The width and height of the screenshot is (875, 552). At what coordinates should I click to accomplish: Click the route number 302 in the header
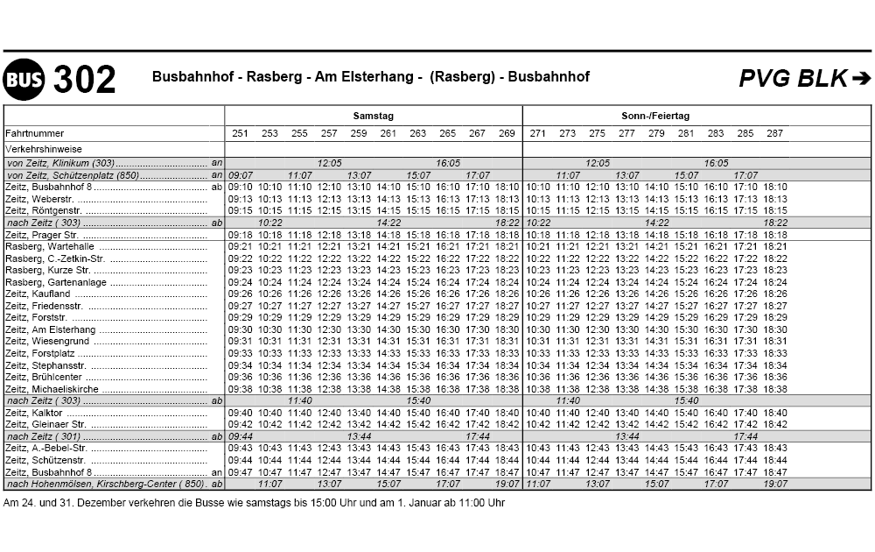[x=84, y=80]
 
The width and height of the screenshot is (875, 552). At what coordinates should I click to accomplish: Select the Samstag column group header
[x=374, y=116]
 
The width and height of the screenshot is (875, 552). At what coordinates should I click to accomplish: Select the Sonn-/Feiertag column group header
[x=655, y=116]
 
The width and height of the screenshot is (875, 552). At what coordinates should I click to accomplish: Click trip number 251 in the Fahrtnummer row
[x=240, y=133]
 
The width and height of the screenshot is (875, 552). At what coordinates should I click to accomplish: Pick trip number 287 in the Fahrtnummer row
[x=774, y=133]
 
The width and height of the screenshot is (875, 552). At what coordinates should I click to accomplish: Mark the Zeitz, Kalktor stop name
[x=34, y=413]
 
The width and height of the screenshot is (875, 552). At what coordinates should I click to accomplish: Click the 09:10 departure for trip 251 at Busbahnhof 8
[x=240, y=187]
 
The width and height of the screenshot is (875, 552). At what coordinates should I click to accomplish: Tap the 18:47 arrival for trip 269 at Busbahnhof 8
[x=507, y=472]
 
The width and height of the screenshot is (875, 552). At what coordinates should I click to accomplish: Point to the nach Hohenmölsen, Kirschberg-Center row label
[x=105, y=484]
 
